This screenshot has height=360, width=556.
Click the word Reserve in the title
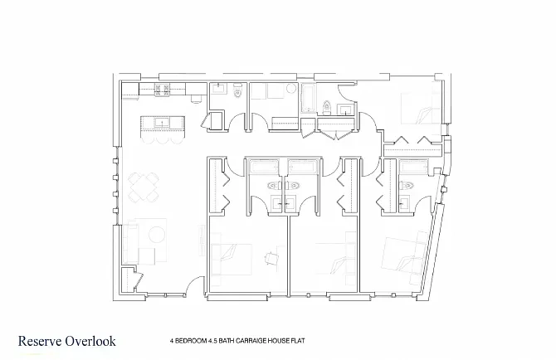40,341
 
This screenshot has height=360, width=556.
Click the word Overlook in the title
90,341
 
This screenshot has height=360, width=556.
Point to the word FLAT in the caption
298,341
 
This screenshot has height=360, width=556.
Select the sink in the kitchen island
163,123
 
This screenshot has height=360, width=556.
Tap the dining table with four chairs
144,187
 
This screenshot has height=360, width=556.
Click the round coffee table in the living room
156,235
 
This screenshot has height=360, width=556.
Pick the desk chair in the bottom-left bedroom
271,258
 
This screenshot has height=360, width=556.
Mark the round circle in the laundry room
291,88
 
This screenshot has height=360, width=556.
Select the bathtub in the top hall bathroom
308,98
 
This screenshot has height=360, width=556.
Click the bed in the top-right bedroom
421,108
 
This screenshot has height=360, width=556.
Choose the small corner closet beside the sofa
129,280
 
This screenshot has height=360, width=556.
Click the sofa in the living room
129,242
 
